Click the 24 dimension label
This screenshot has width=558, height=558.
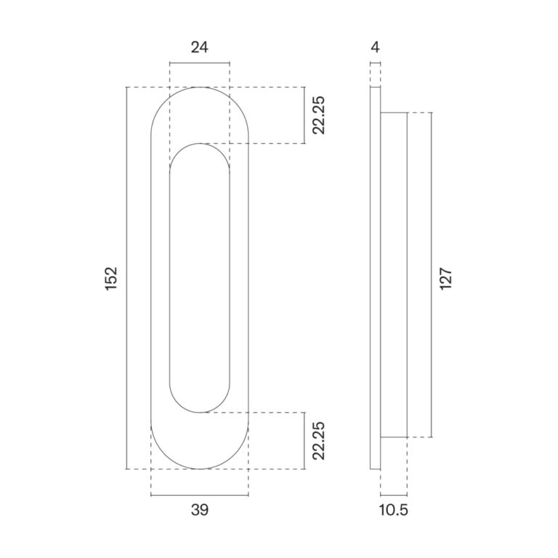coord(199,47)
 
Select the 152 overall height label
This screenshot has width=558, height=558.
coord(111,278)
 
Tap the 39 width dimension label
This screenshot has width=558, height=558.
coord(200,510)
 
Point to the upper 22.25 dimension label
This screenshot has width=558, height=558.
coord(318,115)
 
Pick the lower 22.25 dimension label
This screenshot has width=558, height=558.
coord(318,440)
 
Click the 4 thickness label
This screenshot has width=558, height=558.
coord(375,47)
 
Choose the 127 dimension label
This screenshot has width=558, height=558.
coord(445,278)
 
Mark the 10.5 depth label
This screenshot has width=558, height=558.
coord(393,510)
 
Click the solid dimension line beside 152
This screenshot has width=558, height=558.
coord(126,278)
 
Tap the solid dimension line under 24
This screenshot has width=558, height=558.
coord(200,63)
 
